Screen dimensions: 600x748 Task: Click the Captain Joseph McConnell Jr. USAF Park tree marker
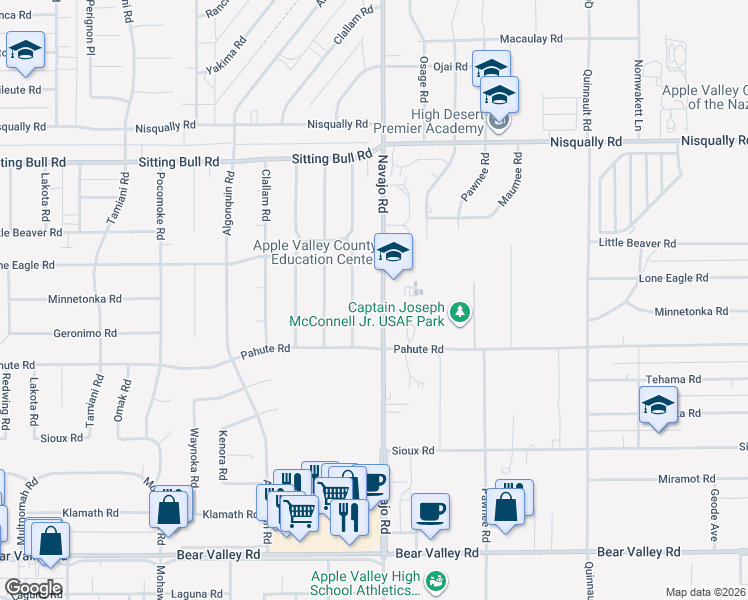click(460, 314)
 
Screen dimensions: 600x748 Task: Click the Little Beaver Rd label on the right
click(637, 243)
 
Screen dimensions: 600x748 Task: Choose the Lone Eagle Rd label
click(674, 278)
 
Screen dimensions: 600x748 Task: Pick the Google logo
click(32, 588)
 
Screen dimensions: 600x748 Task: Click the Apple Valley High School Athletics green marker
click(435, 580)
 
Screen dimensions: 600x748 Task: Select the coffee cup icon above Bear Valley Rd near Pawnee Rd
click(430, 511)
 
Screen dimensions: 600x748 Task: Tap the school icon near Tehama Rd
click(658, 405)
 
